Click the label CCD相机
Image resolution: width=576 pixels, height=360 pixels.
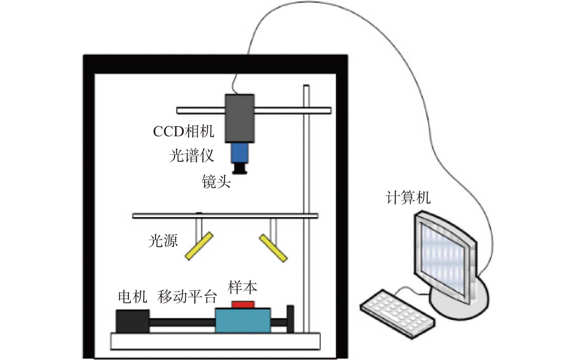183,131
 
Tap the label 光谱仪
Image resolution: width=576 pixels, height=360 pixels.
191,156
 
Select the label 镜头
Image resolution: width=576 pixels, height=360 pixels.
216,182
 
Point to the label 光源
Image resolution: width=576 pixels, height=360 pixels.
163,241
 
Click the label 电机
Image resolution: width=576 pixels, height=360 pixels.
133,296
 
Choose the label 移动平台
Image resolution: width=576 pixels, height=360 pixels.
187,296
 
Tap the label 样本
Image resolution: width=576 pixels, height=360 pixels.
242,287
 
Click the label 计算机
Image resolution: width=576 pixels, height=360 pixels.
408,198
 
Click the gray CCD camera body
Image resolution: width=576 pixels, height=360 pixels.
240,118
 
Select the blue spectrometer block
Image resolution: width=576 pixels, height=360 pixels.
240,153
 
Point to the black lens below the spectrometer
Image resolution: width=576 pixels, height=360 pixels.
240,169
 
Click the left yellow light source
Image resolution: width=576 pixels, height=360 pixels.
199,246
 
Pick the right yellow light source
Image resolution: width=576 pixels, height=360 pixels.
273,248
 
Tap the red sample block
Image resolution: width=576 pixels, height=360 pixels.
243,304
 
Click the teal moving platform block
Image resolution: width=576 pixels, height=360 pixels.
243,320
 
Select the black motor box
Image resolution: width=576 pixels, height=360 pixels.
133,321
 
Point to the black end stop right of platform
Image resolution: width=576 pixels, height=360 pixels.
290,319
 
